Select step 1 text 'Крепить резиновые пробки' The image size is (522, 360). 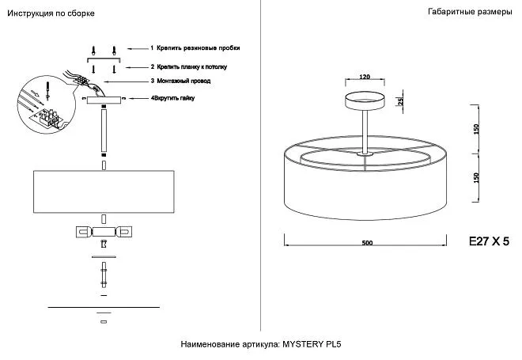[x=197, y=48]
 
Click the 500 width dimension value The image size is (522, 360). [x=366, y=242]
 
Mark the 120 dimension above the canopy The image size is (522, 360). [x=365, y=78]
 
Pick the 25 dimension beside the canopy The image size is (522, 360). [x=400, y=101]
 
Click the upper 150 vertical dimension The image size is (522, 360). [x=476, y=128]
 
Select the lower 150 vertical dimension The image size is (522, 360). [x=476, y=177]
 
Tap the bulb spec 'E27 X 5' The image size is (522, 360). [x=490, y=242]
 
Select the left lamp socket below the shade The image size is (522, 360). [x=83, y=232]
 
